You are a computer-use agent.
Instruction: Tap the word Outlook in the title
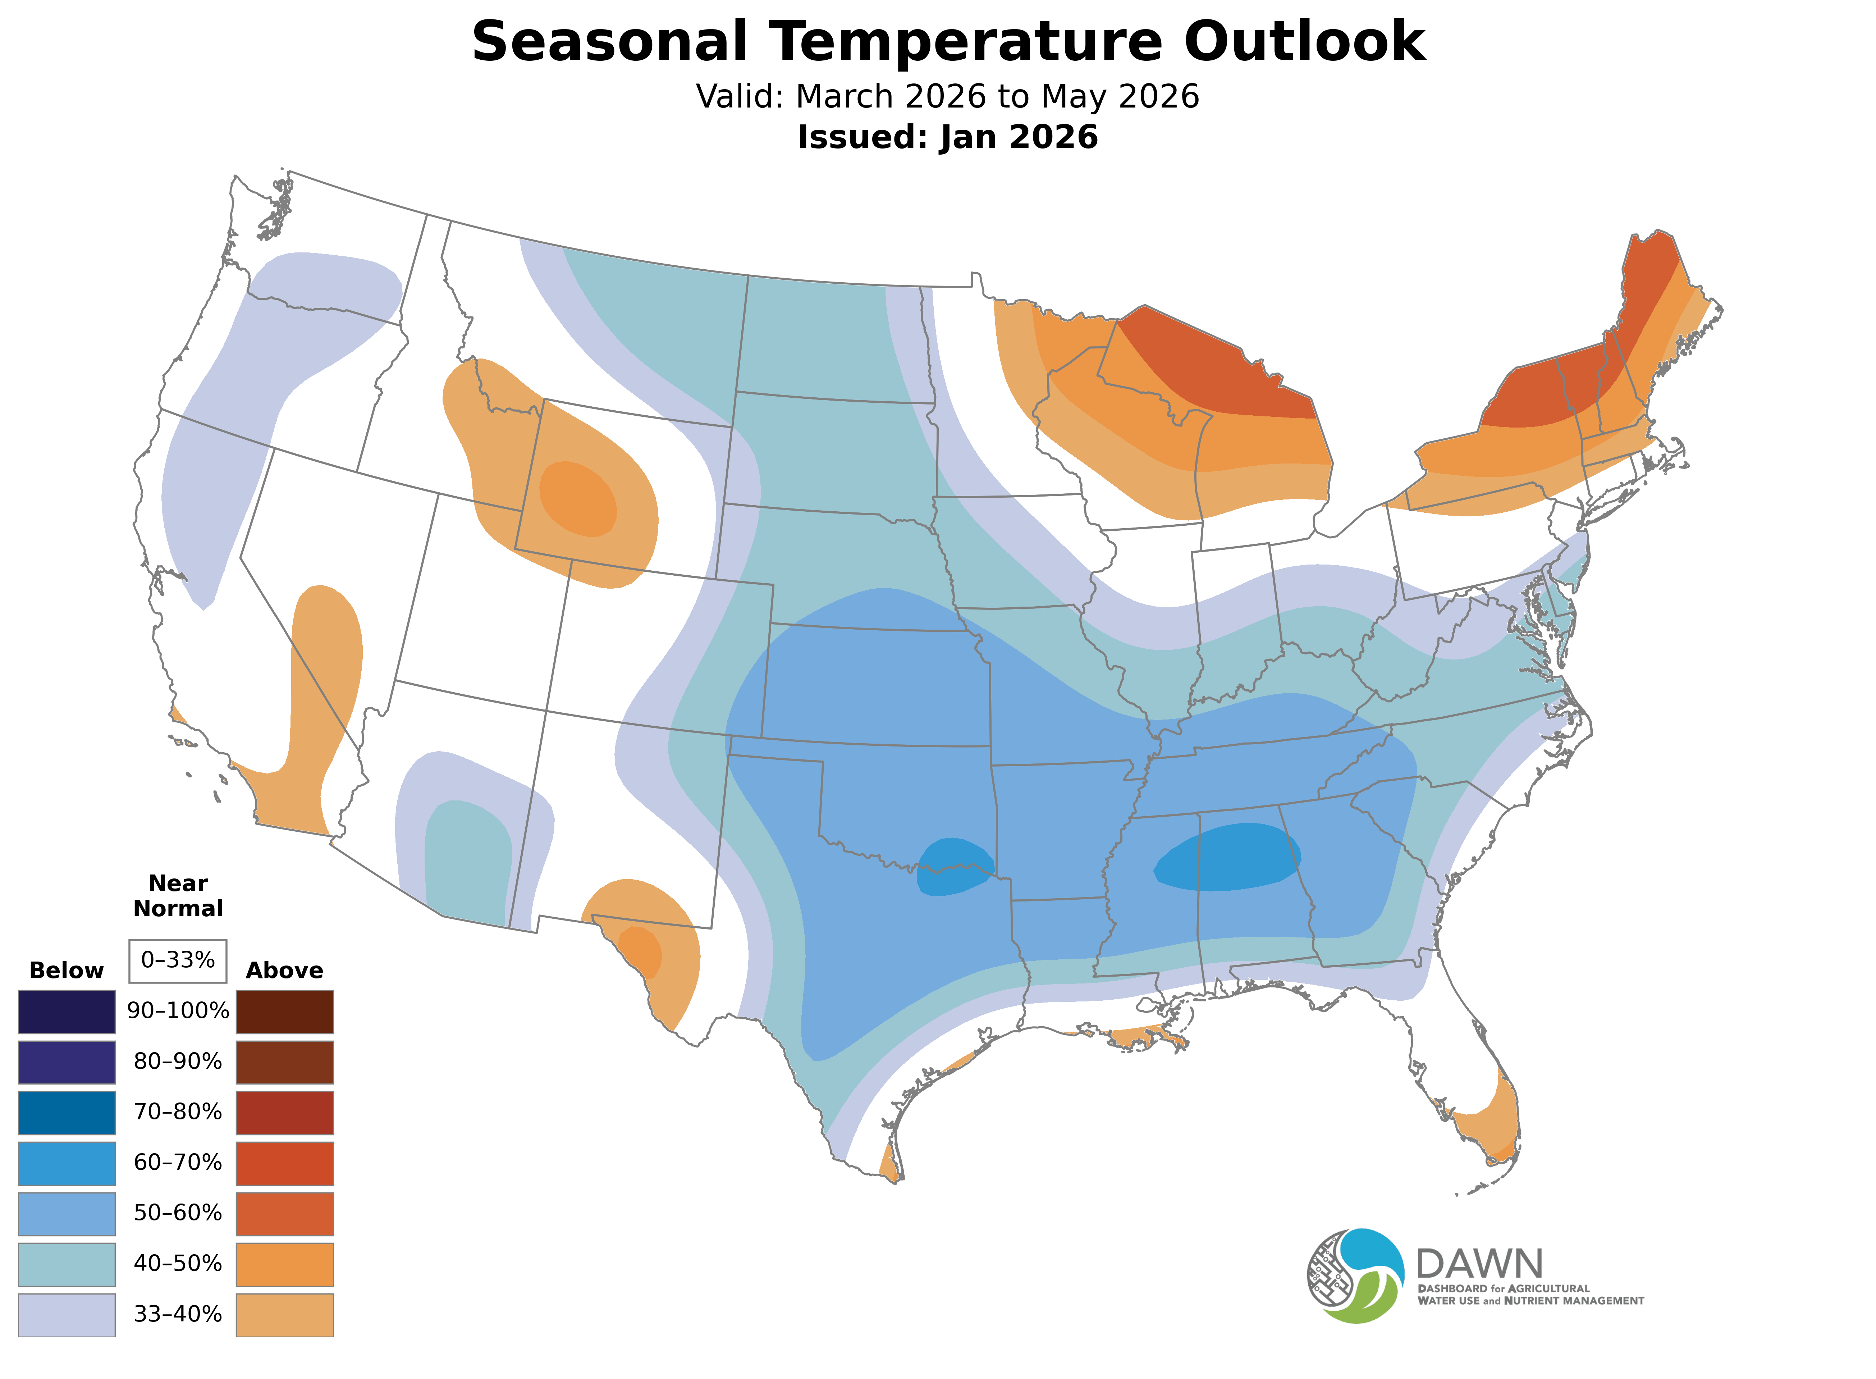pyautogui.click(x=1304, y=42)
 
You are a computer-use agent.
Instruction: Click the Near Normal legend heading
pyautogui.click(x=178, y=896)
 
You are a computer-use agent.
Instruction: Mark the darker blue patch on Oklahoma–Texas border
pyautogui.click(x=954, y=867)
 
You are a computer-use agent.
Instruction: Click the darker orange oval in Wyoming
pyautogui.click(x=578, y=498)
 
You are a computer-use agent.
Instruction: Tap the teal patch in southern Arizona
pyautogui.click(x=467, y=860)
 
